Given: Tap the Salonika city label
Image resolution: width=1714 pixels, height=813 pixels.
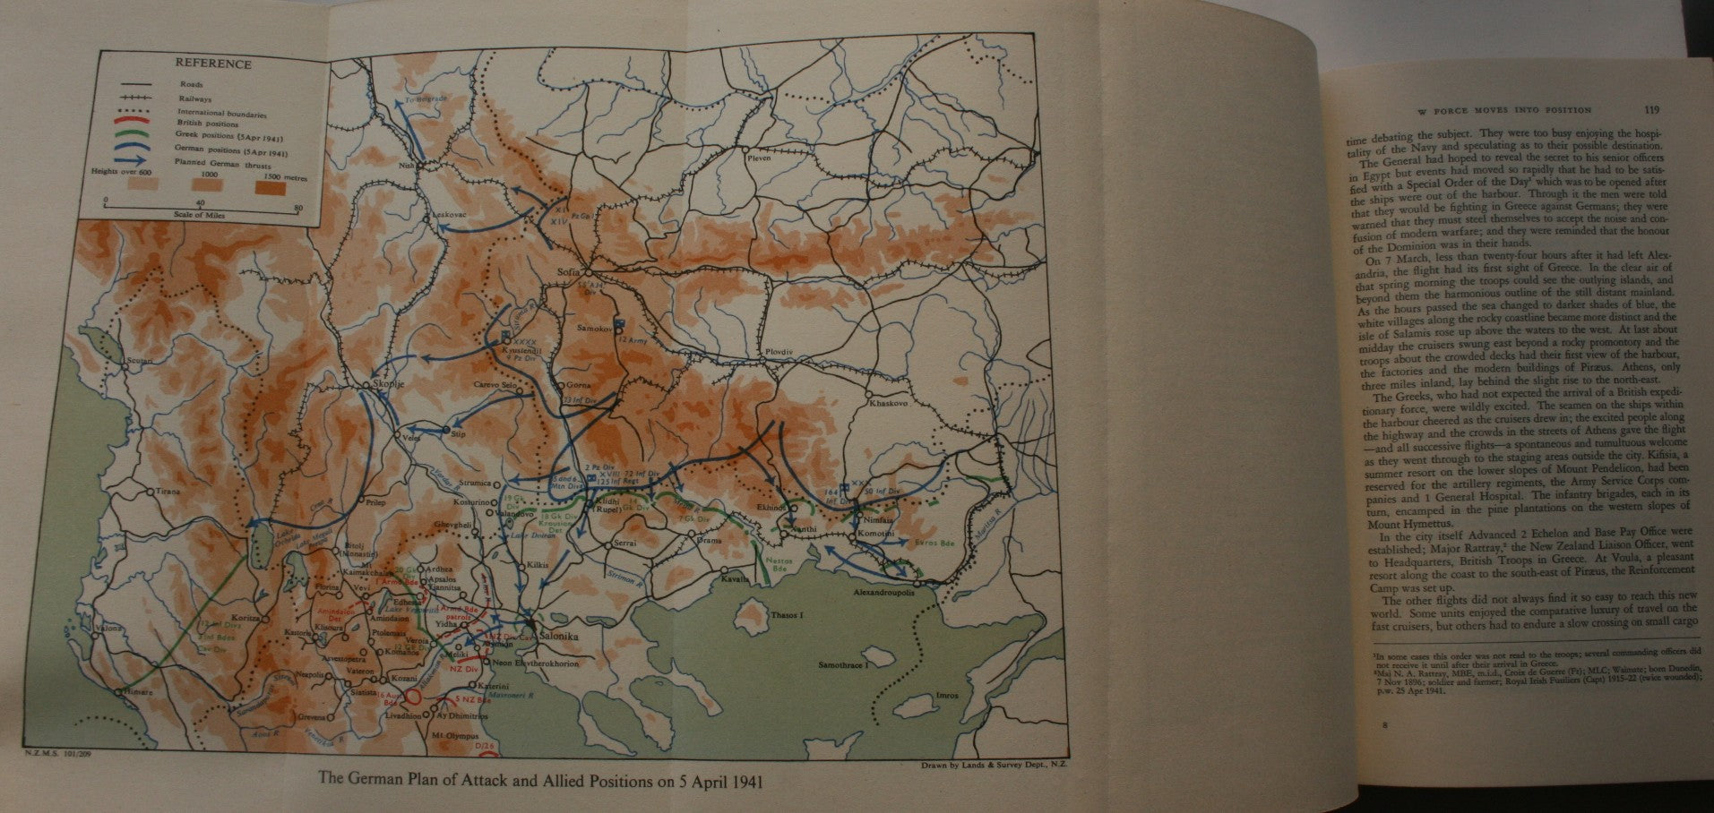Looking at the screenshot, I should pyautogui.click(x=556, y=636).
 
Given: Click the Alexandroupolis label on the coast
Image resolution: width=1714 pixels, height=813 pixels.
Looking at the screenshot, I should pyautogui.click(x=884, y=592).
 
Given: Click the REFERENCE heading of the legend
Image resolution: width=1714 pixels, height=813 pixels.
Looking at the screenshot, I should pyautogui.click(x=212, y=64).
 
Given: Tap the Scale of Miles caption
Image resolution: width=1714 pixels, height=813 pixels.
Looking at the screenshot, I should pyautogui.click(x=199, y=216).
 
